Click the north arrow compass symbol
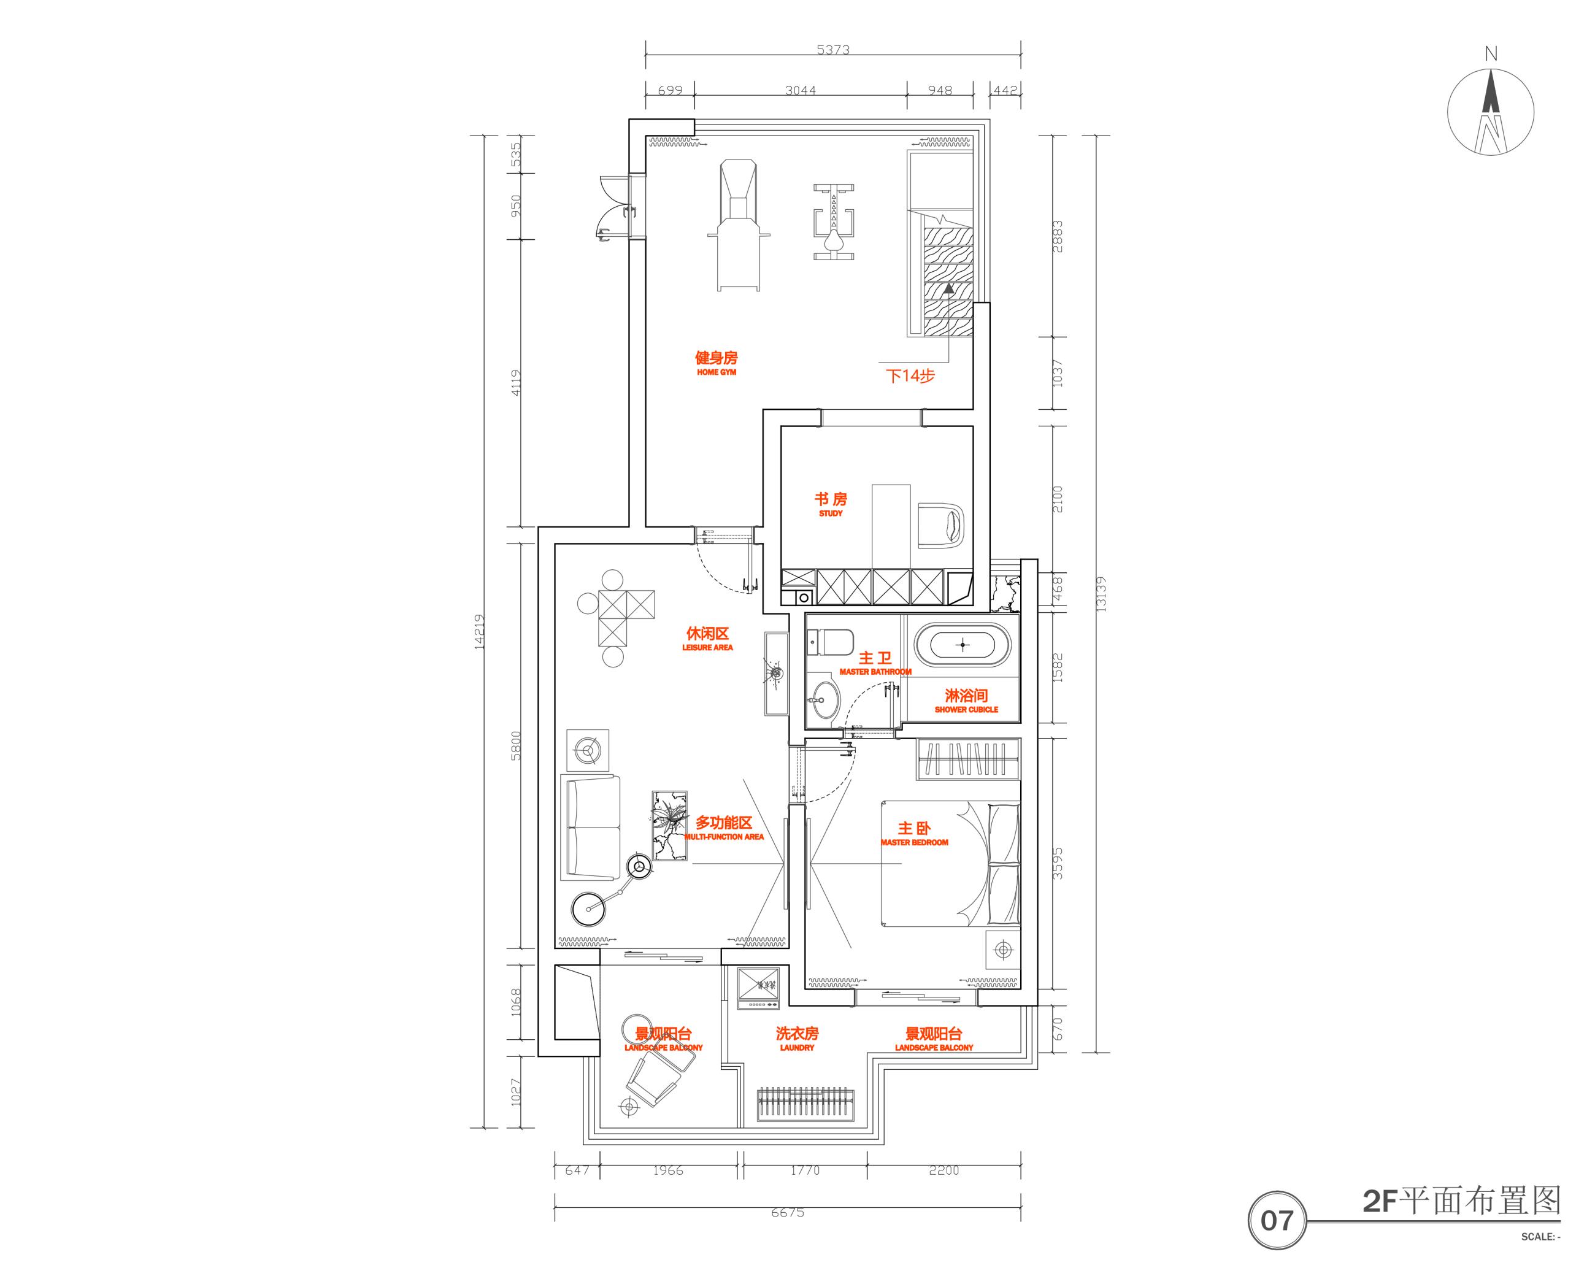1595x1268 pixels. point(1490,112)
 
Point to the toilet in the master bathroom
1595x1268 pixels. point(830,642)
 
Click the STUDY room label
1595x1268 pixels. point(831,504)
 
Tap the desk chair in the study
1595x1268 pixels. point(942,525)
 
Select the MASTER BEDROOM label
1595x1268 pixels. point(915,832)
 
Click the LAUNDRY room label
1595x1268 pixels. point(797,1038)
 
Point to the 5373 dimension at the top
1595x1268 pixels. point(833,50)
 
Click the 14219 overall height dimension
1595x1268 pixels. point(479,632)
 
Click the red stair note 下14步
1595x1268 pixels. point(911,376)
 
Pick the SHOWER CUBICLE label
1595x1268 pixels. point(966,701)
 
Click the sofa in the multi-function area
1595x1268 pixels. point(590,827)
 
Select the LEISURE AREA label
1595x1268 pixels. point(708,639)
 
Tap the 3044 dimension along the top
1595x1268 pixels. point(801,90)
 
